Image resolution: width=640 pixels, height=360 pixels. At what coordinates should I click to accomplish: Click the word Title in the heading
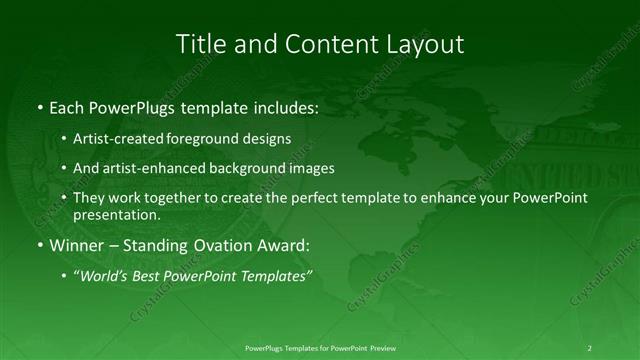tap(198, 44)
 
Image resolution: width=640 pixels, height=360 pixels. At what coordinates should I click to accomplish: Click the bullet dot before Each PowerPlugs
tap(39, 108)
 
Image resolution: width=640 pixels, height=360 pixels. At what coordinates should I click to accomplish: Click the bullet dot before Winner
tap(39, 245)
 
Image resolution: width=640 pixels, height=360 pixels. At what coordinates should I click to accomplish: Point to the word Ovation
tap(216, 245)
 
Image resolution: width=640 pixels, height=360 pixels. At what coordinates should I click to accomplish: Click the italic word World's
tap(107, 275)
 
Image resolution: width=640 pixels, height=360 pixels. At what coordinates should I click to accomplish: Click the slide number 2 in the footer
tap(590, 347)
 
